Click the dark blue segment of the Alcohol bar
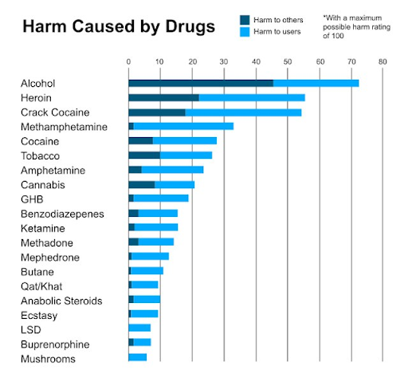click(201, 83)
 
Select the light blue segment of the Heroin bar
click(252, 98)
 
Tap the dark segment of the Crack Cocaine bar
click(157, 112)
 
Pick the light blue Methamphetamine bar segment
click(183, 126)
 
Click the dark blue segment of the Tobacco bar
click(144, 155)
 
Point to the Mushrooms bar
click(138, 357)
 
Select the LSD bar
click(139, 328)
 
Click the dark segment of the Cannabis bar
click(142, 185)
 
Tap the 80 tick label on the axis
click(382, 61)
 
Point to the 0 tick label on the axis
click(128, 61)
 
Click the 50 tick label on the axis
click(288, 61)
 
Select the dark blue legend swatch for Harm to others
click(245, 20)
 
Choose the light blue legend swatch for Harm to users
click(245, 32)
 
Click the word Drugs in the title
click(190, 27)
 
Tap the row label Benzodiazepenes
click(62, 214)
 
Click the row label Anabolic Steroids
click(61, 301)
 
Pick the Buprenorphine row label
click(55, 344)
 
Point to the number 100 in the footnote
click(337, 36)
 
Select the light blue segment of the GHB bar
click(161, 199)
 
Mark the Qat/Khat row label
click(41, 286)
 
